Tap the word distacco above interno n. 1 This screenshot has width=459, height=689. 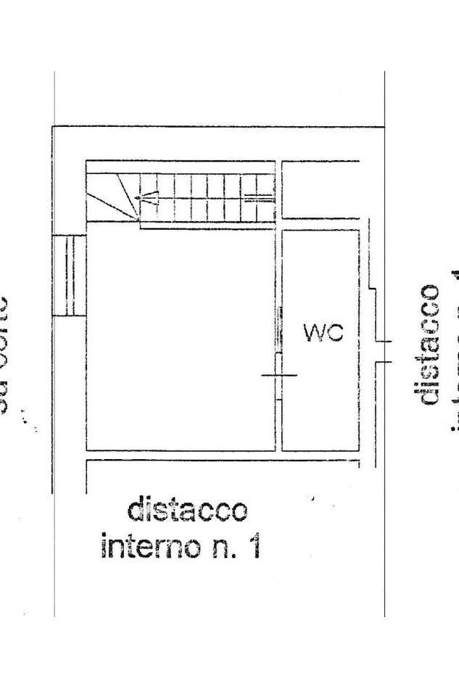tap(187, 511)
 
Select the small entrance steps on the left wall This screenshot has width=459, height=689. tap(70, 275)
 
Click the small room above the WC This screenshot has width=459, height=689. tap(320, 189)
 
